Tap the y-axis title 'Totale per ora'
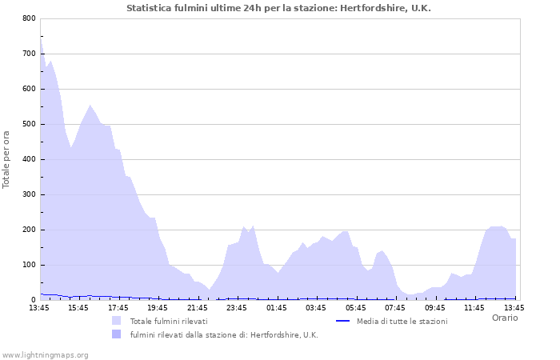point(7,159)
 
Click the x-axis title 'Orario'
point(504,318)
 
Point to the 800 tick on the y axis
point(29,18)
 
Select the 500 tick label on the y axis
point(29,124)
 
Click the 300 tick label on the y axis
point(29,194)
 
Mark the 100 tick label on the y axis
point(29,265)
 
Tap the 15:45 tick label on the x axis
point(78,307)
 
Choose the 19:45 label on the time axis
point(158,307)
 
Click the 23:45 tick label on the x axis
point(237,307)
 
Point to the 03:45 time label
point(316,307)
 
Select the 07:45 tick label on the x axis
point(395,307)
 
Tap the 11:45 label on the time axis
point(474,307)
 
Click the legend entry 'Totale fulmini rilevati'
point(169,321)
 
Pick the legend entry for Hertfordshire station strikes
point(224,335)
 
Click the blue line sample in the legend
point(343,321)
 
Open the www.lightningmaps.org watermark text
point(46,354)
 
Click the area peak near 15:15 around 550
point(90,106)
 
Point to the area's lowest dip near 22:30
point(210,290)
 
